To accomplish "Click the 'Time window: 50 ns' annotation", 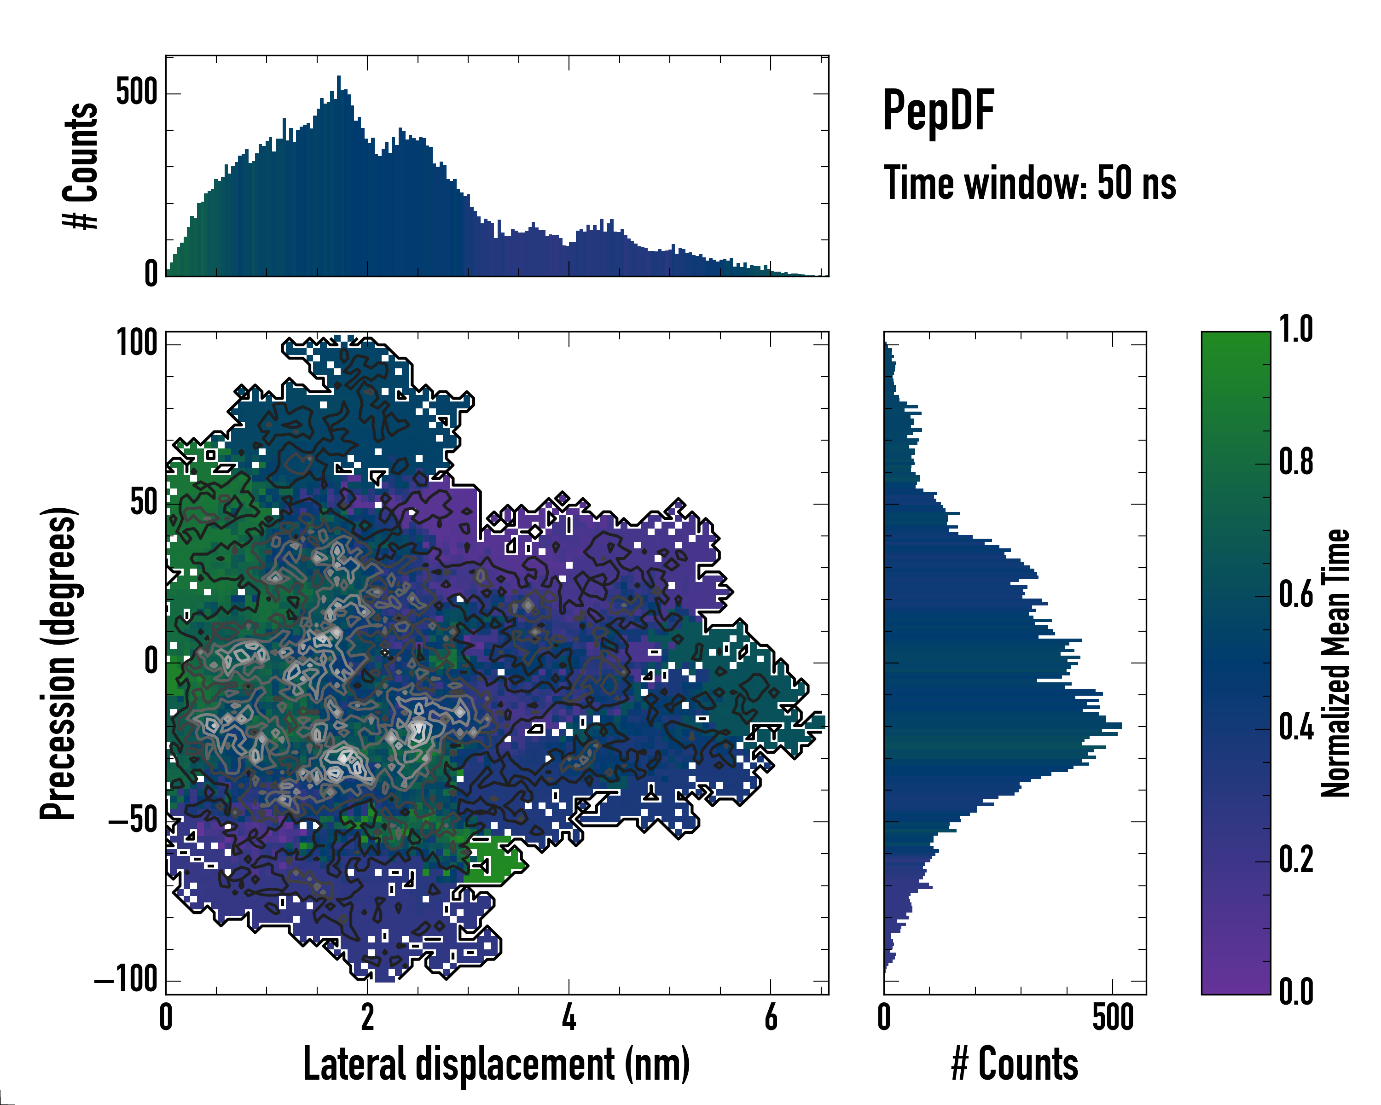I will coord(1029,183).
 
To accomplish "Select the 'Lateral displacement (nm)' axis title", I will coord(496,1064).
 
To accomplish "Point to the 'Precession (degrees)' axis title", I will coord(59,663).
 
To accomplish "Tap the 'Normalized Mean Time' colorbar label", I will coord(1335,663).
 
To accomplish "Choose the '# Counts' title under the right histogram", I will coord(1015,1064).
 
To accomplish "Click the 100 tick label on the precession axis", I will coord(136,343).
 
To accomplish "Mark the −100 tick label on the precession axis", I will coord(126,980).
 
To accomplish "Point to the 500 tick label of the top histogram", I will coord(136,93).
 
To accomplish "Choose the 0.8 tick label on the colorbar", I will coord(1296,463).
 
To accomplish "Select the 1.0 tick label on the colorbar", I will coord(1296,331).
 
